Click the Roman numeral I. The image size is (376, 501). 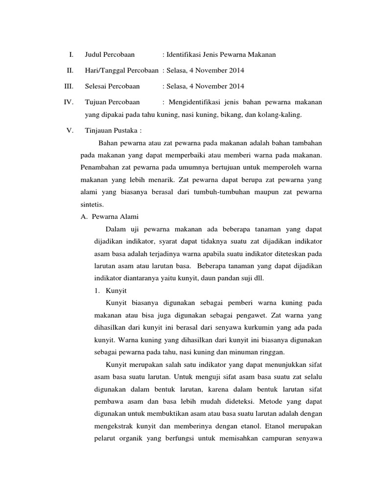71,54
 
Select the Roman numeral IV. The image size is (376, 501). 69,103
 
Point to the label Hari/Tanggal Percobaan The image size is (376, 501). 122,70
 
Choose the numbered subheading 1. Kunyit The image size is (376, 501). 111,290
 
